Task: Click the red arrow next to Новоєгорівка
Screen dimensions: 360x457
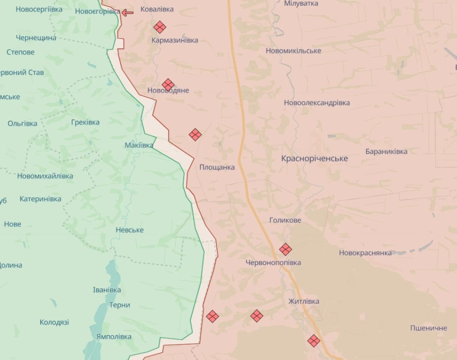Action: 128,13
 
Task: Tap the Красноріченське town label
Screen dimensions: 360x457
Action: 315,158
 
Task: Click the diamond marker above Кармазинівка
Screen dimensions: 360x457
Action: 160,27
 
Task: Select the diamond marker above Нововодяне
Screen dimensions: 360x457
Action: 168,84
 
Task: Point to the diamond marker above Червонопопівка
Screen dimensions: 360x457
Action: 286,249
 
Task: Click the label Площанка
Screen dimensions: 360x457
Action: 217,167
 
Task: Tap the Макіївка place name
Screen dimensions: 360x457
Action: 139,145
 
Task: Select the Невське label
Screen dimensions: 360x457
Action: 129,230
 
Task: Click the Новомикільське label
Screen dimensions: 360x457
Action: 293,51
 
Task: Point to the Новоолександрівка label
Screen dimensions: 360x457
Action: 317,103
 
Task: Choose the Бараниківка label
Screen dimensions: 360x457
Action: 386,152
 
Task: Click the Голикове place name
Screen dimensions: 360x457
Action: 285,220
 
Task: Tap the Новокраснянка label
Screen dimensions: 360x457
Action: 365,253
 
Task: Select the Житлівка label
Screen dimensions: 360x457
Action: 304,301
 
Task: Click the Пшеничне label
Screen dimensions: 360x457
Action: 428,328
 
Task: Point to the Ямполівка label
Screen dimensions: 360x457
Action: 113,336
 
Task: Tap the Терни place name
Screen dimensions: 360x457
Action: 119,305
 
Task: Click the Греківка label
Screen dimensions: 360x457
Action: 85,122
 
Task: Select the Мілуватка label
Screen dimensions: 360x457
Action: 301,3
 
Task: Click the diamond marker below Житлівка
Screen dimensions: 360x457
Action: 314,341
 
